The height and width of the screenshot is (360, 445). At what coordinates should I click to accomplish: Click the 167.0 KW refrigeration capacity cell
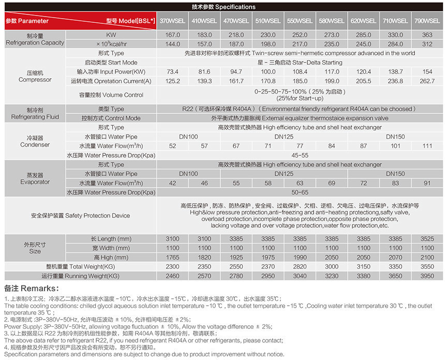[x=172, y=35]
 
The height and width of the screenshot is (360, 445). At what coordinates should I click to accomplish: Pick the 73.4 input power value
[x=172, y=71]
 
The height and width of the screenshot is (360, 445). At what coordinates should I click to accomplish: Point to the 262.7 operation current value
[x=427, y=81]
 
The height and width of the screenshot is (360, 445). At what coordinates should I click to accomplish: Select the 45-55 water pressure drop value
[x=300, y=155]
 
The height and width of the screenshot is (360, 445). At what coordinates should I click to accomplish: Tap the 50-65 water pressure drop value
[x=300, y=193]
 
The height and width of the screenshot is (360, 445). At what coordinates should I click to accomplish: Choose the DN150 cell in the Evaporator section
[x=395, y=174]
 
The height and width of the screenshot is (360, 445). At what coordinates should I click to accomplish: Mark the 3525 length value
[x=427, y=239]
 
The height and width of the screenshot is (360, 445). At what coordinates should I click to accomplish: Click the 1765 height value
[x=172, y=257]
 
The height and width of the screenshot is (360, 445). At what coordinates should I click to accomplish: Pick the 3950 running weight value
[x=427, y=276]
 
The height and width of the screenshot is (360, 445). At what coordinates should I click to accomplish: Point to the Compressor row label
[x=35, y=76]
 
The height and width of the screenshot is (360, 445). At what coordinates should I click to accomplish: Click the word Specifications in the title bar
[x=235, y=7]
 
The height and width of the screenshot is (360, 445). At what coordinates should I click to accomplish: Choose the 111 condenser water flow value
[x=427, y=146]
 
